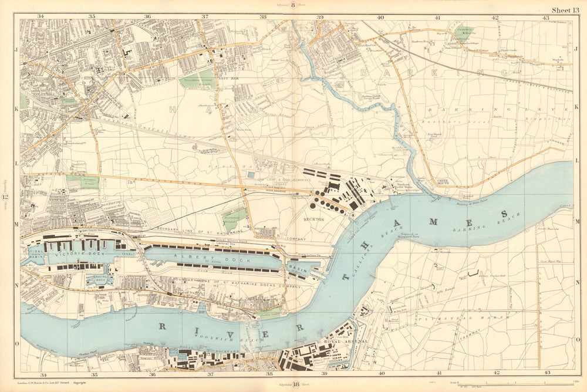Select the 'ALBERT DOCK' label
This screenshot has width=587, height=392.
click(x=213, y=259)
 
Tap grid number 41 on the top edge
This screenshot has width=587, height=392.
click(x=438, y=18)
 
